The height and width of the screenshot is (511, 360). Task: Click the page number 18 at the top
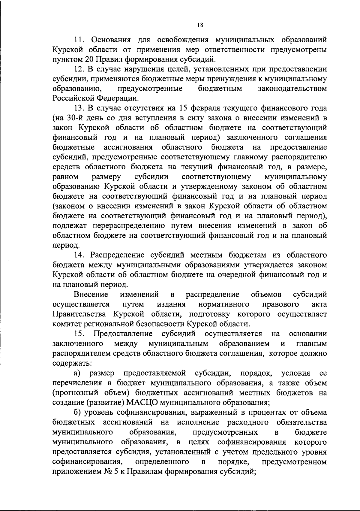tap(201, 26)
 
